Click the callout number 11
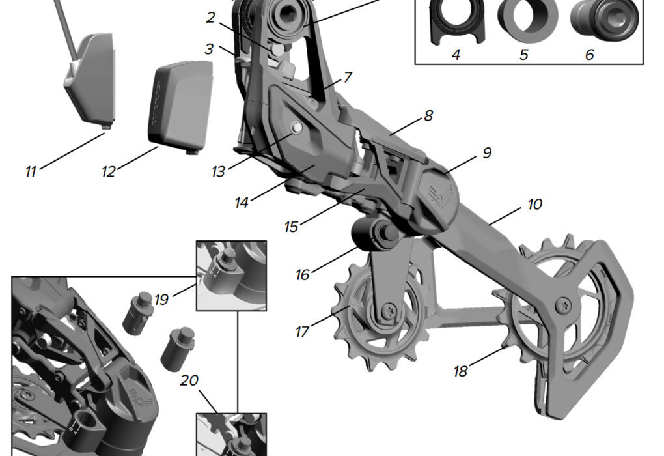[x=31, y=172]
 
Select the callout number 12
[x=108, y=172]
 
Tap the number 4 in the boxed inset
[x=456, y=55]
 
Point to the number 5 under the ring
[x=523, y=55]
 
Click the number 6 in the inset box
[x=589, y=55]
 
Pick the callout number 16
[x=302, y=275]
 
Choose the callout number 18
[x=461, y=371]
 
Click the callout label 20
[x=189, y=380]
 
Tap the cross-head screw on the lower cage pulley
[x=562, y=303]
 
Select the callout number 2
[x=210, y=18]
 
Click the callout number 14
[x=242, y=203]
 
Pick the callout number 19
[x=161, y=300]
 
